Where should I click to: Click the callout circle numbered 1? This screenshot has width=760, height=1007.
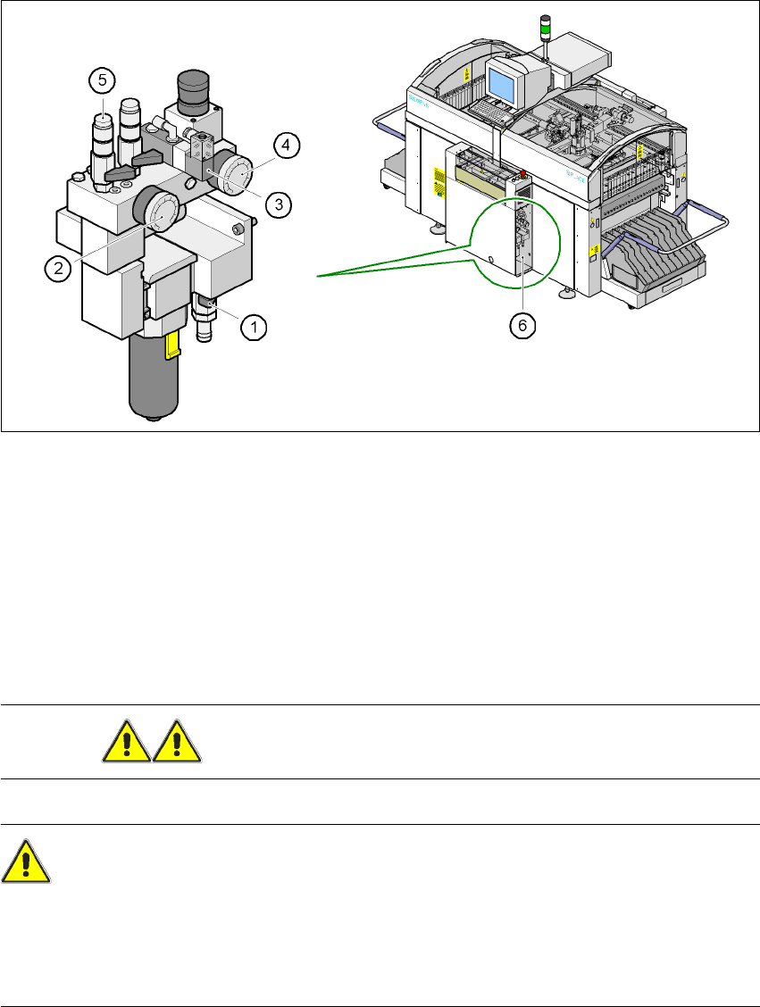254,328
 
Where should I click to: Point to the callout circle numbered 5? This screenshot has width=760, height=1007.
102,80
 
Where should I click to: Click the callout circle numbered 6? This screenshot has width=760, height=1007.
523,326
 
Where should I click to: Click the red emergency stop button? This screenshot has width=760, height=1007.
522,172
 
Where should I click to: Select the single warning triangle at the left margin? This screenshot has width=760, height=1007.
26,861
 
